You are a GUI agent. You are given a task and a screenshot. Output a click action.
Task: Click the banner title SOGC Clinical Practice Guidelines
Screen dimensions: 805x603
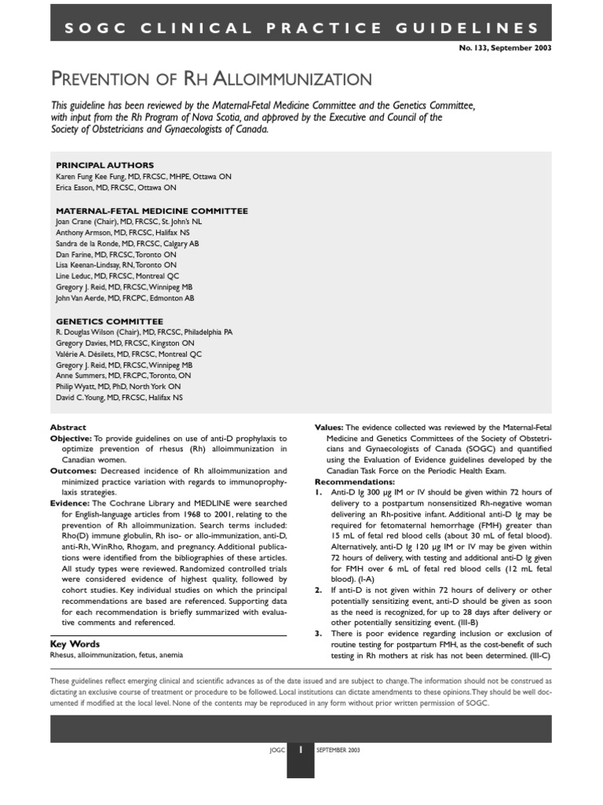(301, 28)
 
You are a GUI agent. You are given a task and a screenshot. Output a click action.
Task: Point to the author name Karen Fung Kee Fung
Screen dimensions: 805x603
(90, 177)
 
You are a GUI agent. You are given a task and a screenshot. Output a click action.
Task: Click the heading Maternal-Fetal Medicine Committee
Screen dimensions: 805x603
(152, 211)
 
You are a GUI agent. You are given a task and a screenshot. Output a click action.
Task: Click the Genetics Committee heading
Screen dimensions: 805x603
(109, 322)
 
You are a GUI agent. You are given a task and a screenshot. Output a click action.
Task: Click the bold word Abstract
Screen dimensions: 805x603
(68, 427)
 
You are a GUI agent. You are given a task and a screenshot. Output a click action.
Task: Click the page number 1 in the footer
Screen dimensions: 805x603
(301, 750)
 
